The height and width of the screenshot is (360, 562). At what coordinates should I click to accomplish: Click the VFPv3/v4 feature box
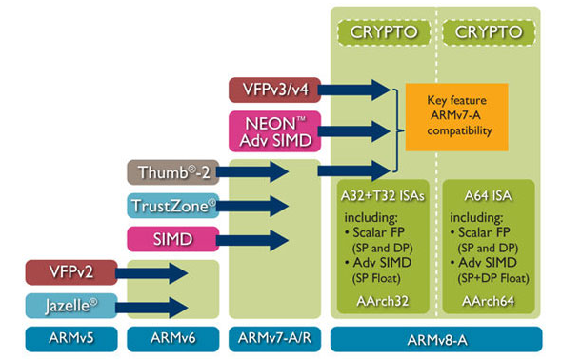click(x=273, y=90)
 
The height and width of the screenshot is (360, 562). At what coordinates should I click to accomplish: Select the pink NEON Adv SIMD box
click(x=273, y=130)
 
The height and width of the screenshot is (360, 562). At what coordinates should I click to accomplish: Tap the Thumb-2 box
click(x=171, y=171)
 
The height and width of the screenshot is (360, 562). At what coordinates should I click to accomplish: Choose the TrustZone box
click(x=171, y=205)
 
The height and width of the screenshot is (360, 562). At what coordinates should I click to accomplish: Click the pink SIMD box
click(x=171, y=238)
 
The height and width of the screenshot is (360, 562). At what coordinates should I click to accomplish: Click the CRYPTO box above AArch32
click(x=383, y=32)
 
